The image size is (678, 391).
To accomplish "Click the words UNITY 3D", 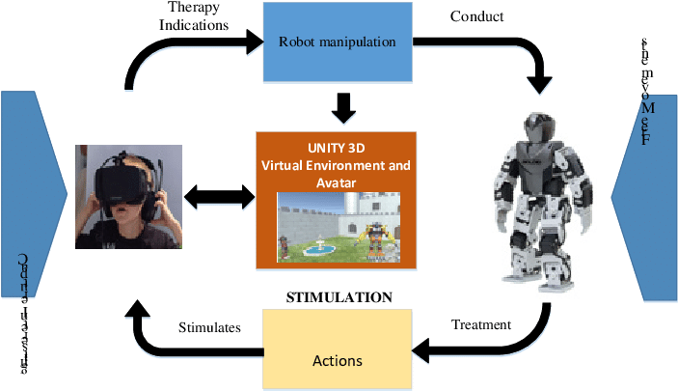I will (337, 147).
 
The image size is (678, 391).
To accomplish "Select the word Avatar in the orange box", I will (337, 182).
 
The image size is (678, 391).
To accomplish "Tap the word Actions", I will (338, 361).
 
